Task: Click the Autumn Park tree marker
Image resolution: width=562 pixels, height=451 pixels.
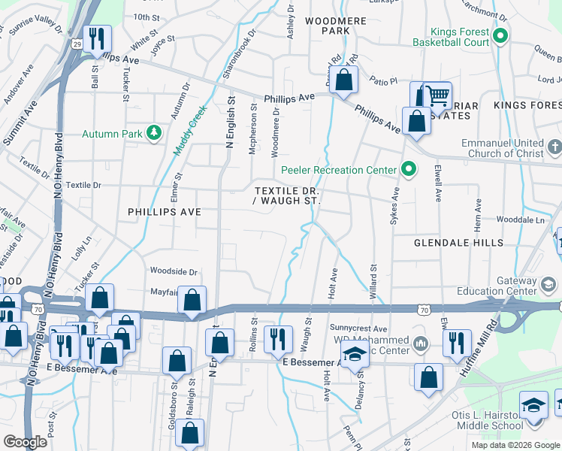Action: point(155,133)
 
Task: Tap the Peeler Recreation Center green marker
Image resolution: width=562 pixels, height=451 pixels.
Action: point(409,170)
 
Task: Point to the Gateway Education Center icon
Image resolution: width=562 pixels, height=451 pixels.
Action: point(548,284)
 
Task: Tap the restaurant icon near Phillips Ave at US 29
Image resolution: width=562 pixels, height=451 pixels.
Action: point(96,38)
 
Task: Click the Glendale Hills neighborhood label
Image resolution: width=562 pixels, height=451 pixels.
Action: point(458,243)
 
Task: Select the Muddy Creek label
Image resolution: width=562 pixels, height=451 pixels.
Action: point(190,130)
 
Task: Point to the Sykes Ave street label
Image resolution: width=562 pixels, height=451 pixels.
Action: point(392,206)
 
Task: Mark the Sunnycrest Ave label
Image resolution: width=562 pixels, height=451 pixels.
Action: point(358,328)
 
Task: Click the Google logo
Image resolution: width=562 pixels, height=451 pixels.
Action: point(25,441)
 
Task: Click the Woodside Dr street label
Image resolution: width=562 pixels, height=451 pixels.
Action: point(173,271)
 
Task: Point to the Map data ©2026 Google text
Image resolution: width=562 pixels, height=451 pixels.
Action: point(515,445)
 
